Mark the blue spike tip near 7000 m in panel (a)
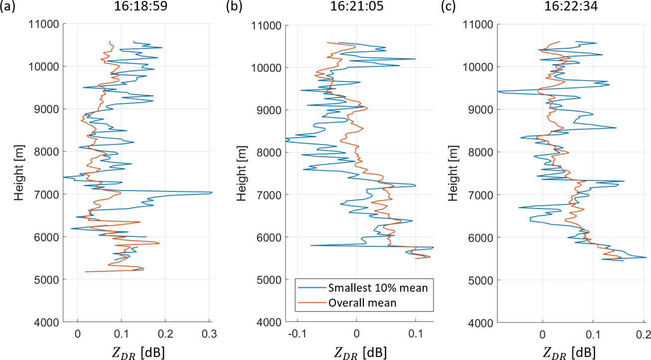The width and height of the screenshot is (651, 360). [212, 192]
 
